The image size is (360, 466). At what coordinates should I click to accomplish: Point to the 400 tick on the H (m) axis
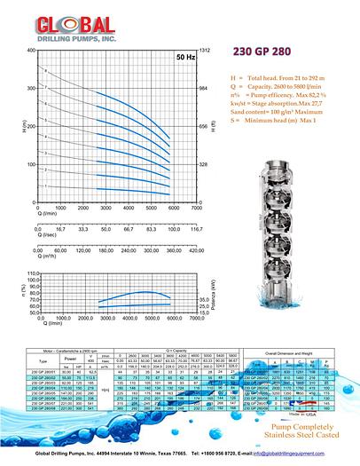[30, 51]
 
